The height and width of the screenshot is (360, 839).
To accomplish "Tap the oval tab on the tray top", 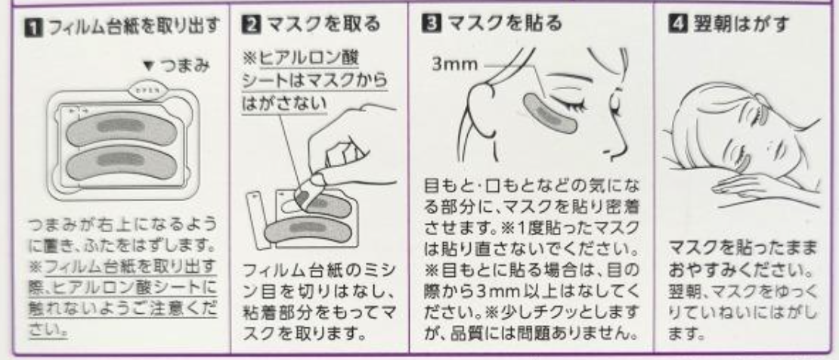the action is point(148,90).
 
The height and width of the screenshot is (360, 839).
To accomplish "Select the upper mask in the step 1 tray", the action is point(122,128).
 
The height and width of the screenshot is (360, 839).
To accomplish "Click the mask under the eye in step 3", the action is point(550,113).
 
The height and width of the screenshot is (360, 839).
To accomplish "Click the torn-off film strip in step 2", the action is point(259,219).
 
